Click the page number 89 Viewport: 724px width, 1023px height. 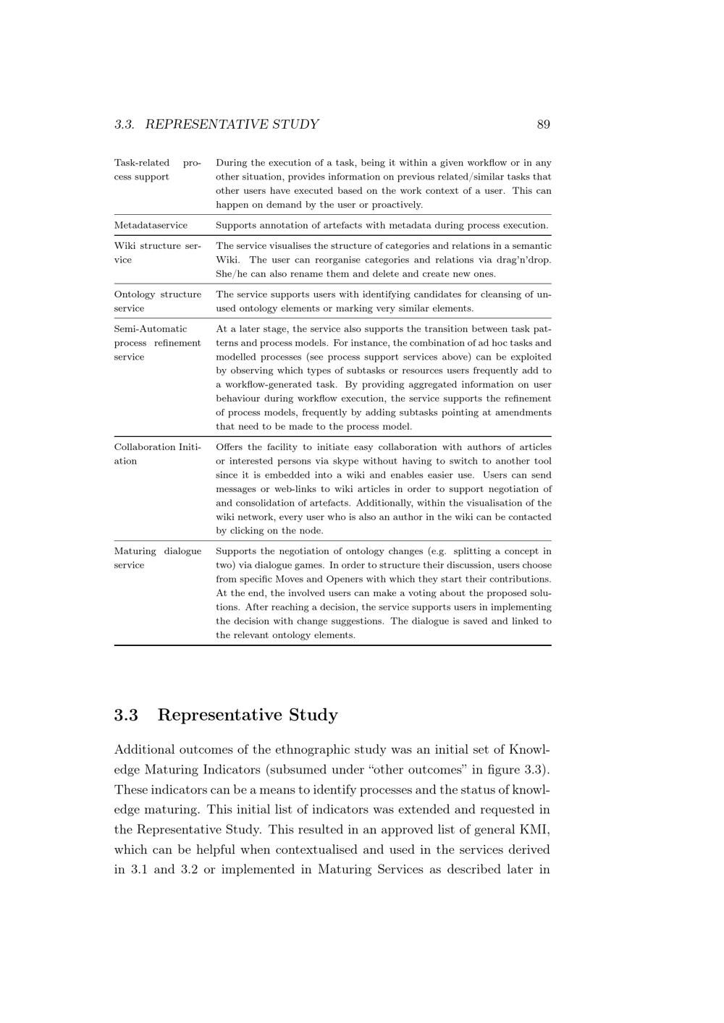click(543, 124)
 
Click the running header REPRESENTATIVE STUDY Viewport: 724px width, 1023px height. click(232, 124)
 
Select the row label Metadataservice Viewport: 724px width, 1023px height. click(151, 225)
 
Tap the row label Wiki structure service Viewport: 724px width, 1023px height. click(157, 252)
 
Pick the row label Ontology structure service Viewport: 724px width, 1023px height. click(157, 301)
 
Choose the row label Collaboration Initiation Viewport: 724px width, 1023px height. click(157, 454)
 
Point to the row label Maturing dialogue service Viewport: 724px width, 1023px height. click(157, 558)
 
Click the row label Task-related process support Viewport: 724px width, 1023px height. click(157, 169)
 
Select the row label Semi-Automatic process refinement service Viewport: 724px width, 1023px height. click(157, 343)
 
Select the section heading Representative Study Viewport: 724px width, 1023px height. click(247, 715)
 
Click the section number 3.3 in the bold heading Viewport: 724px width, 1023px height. click(126, 715)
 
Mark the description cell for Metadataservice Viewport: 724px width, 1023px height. click(382, 225)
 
